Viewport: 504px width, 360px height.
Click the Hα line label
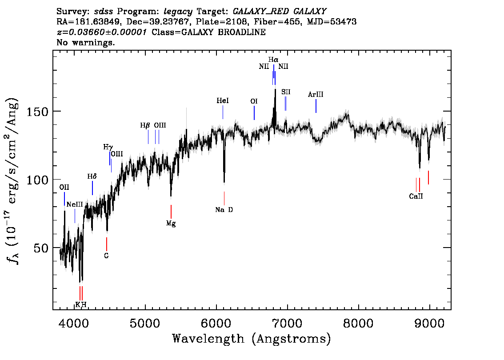pyautogui.click(x=273, y=60)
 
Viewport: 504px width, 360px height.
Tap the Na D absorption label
pyautogui.click(x=224, y=210)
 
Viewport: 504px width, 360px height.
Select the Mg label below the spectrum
pyautogui.click(x=171, y=224)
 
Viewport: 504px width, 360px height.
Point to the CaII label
pyautogui.click(x=416, y=196)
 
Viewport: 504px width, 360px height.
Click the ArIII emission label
pyautogui.click(x=316, y=95)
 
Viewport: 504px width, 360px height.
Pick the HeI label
pyautogui.click(x=223, y=100)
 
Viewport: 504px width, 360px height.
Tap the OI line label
pyautogui.click(x=254, y=101)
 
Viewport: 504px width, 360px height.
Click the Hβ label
pyautogui.click(x=145, y=125)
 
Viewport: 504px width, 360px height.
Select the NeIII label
pyautogui.click(x=75, y=204)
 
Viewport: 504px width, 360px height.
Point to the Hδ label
pyautogui.click(x=92, y=176)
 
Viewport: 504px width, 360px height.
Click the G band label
pyautogui.click(x=106, y=256)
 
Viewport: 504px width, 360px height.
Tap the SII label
pyautogui.click(x=286, y=92)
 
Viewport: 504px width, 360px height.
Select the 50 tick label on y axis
pyautogui.click(x=41, y=248)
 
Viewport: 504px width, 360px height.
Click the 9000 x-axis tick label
pyautogui.click(x=429, y=323)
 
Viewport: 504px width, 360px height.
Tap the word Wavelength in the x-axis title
pyautogui.click(x=208, y=339)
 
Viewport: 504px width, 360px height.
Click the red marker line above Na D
pyautogui.click(x=224, y=198)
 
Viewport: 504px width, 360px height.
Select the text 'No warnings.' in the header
pyautogui.click(x=85, y=42)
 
